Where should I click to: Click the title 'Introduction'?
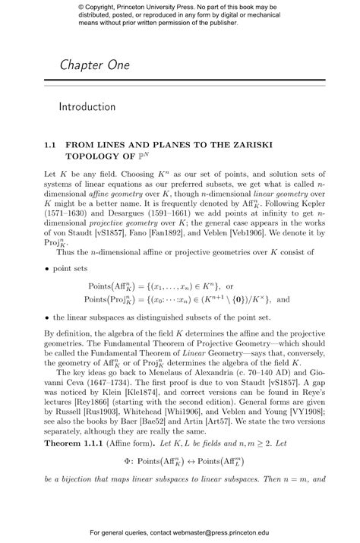pos(87,107)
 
